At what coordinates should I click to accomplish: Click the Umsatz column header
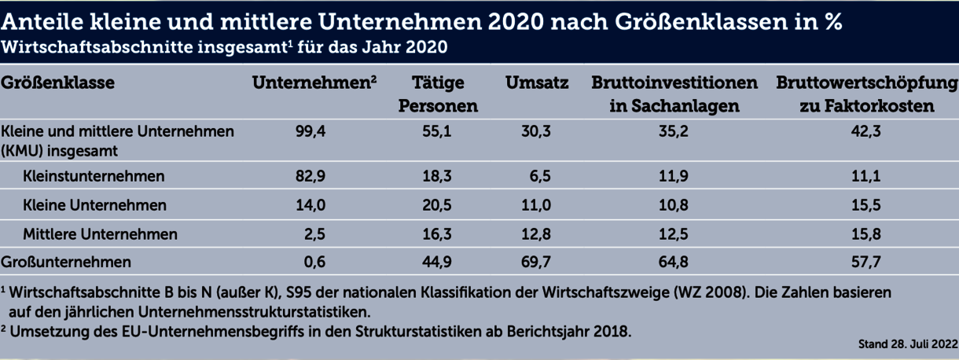point(538,83)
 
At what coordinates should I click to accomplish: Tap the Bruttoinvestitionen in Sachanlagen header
point(674,94)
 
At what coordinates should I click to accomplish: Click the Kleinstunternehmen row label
point(94,176)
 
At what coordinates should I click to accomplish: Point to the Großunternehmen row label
point(66,261)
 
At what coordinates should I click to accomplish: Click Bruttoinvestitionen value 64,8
point(674,261)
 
